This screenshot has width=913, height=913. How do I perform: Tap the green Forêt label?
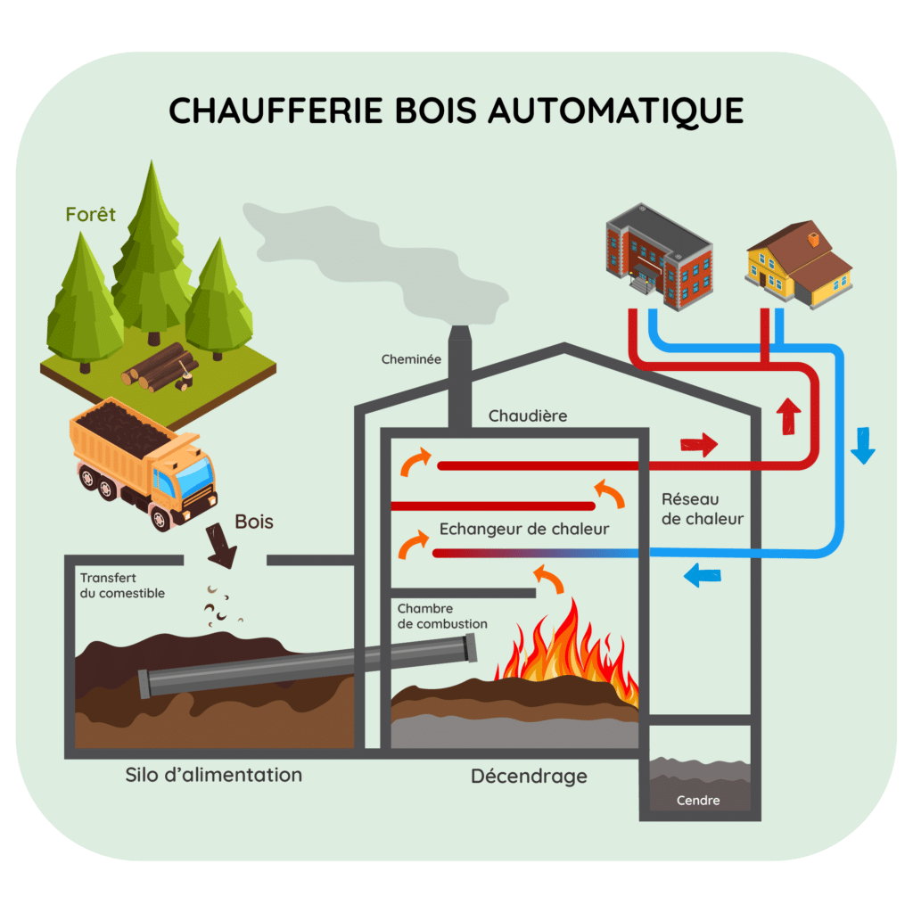pyautogui.click(x=90, y=215)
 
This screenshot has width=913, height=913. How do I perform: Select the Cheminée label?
pyautogui.click(x=411, y=359)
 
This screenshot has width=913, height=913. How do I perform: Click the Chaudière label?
pyautogui.click(x=527, y=416)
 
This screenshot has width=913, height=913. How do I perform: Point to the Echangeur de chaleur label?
pyautogui.click(x=524, y=530)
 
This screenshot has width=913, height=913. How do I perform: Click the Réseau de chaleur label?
pyautogui.click(x=703, y=509)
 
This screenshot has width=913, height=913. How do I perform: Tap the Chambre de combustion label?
pyautogui.click(x=442, y=616)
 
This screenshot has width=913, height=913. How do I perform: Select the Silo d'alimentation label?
pyautogui.click(x=214, y=774)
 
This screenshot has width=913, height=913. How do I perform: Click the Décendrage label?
pyautogui.click(x=529, y=777)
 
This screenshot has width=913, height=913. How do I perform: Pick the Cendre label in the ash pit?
pyautogui.click(x=698, y=800)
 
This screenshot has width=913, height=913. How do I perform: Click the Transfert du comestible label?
pyautogui.click(x=122, y=586)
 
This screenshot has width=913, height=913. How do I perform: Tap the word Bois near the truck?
pyautogui.click(x=253, y=522)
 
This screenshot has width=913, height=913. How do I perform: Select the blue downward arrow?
pyautogui.click(x=862, y=446)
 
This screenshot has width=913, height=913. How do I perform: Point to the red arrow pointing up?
pyautogui.click(x=787, y=415)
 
